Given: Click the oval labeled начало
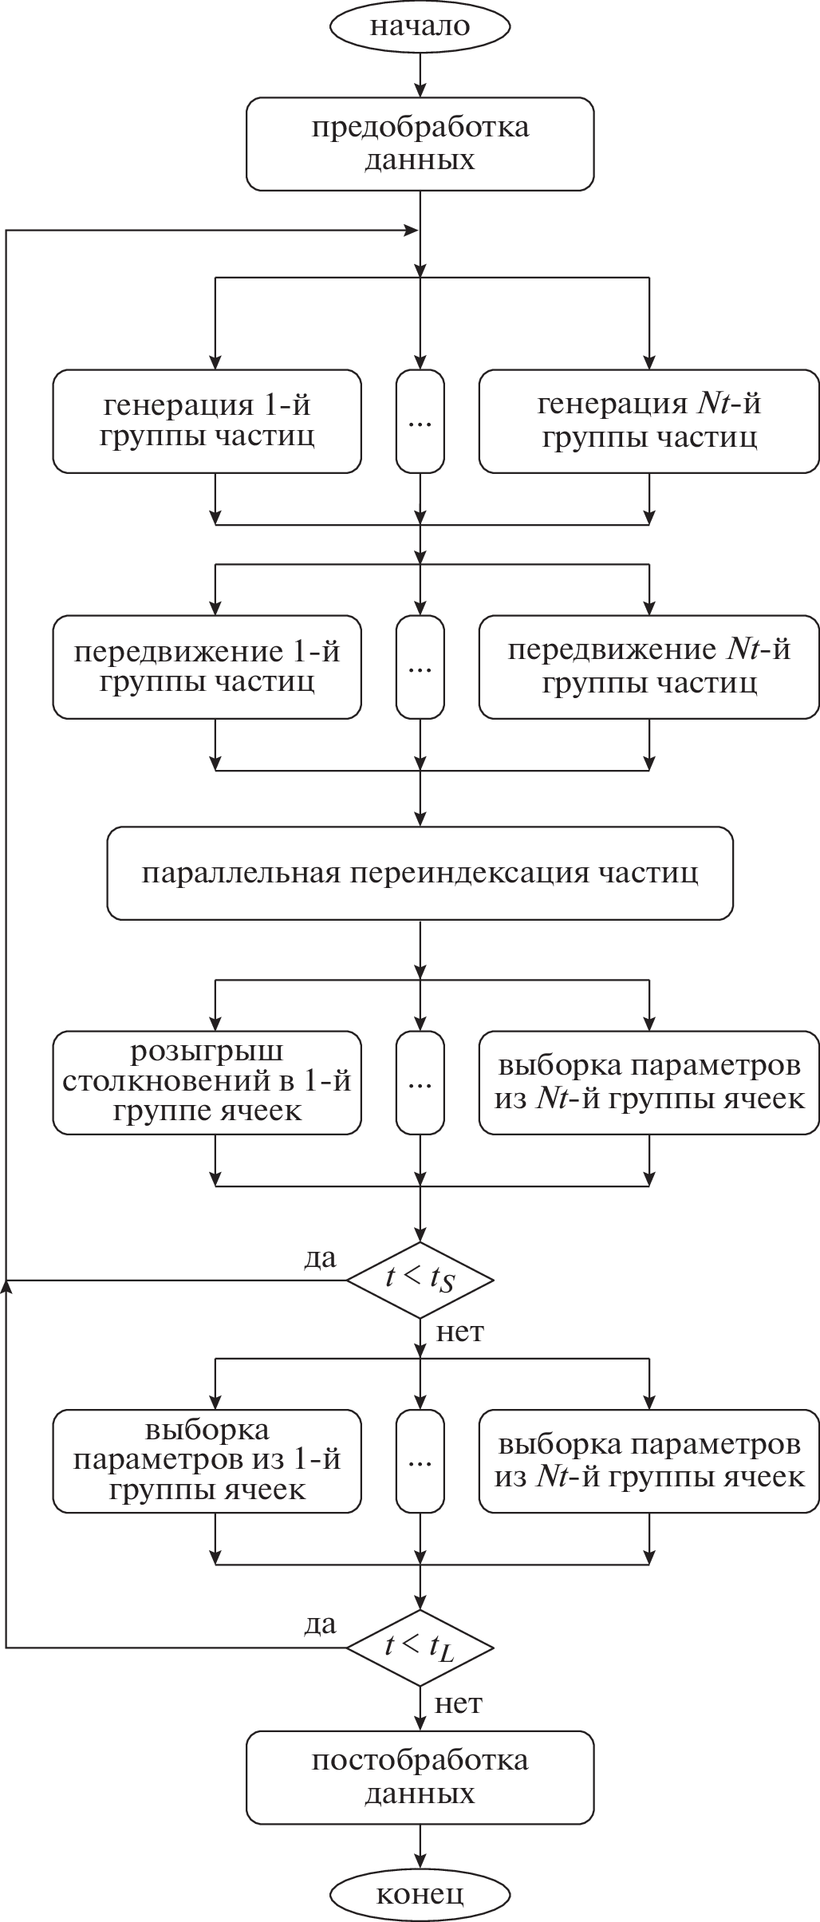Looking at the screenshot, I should click(x=420, y=26).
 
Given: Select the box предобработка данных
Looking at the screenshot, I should click(x=420, y=144).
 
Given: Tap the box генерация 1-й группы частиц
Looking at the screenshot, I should click(x=207, y=421).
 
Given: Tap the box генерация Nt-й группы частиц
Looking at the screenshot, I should click(x=649, y=421).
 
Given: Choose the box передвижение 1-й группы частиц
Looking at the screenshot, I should click(x=207, y=667).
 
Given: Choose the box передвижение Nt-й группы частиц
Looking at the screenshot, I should click(x=649, y=667).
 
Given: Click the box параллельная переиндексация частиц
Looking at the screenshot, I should click(x=420, y=873).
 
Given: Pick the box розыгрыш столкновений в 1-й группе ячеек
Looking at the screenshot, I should click(x=207, y=1083).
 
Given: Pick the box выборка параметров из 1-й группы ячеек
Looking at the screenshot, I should click(x=207, y=1461).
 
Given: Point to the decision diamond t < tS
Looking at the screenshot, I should click(x=420, y=1280).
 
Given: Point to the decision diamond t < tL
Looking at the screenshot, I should click(x=420, y=1648).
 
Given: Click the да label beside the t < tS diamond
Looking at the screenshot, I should click(x=321, y=1258).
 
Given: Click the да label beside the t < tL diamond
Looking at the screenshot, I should click(x=321, y=1624).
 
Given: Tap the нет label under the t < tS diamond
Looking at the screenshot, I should click(x=460, y=1332).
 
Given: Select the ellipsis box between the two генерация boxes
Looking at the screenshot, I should click(x=420, y=421).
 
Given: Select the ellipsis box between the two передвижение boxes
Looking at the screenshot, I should click(x=420, y=667).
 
